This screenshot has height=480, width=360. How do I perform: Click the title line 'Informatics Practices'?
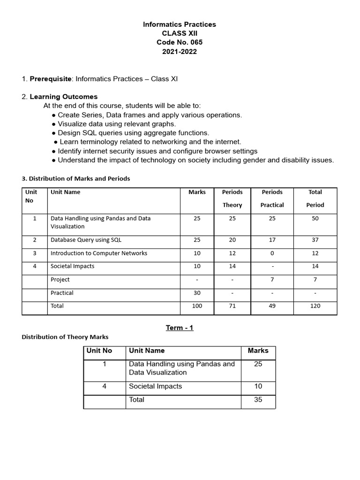(180, 24)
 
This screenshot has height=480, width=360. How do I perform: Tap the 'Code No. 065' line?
(180, 43)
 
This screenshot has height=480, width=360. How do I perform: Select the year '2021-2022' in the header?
(180, 52)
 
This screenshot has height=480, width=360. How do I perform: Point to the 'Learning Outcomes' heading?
(64, 97)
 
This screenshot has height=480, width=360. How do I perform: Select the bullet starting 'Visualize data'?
(114, 124)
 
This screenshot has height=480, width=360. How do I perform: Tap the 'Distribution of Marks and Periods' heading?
(76, 179)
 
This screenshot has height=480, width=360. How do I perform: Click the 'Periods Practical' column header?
(272, 198)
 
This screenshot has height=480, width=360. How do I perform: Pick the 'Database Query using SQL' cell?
(86, 240)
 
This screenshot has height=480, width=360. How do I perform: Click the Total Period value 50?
(315, 218)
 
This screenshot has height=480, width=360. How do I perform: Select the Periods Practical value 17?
(272, 240)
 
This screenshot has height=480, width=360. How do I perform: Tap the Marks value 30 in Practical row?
(197, 293)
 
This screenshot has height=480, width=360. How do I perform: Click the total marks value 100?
(197, 306)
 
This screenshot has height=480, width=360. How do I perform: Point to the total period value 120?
(315, 306)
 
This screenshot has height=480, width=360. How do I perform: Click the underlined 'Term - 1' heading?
(180, 328)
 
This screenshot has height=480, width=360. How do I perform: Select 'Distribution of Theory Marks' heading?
(65, 337)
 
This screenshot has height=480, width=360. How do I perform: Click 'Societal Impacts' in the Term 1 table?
(155, 386)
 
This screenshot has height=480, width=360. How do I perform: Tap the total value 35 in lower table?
(258, 400)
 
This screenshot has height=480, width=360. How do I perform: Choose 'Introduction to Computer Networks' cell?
(99, 253)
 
